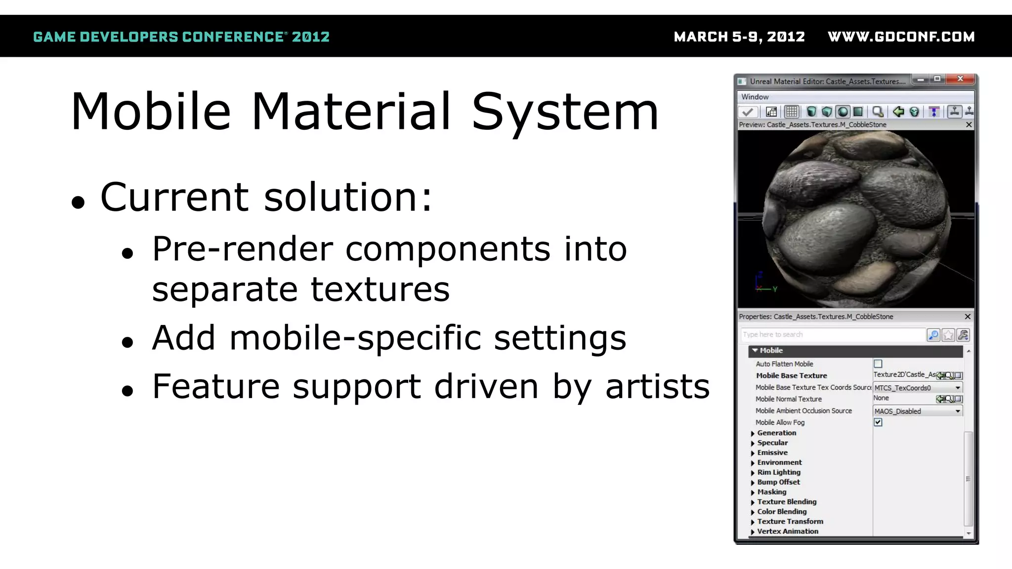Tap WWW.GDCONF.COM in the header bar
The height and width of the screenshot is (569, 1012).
(x=901, y=37)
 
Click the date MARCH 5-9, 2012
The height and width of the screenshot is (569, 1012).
(x=739, y=37)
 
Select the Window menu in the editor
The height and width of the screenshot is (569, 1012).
(x=755, y=97)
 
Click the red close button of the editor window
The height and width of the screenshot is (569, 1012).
(x=960, y=79)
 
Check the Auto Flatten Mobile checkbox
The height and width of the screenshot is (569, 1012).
(x=878, y=364)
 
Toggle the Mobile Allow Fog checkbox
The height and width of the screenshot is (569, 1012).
(x=878, y=422)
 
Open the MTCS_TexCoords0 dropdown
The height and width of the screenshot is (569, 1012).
(x=957, y=388)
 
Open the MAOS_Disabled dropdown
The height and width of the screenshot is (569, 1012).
(x=957, y=411)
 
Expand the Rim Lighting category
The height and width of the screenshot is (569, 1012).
(x=753, y=473)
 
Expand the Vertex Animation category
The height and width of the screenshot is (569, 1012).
(x=753, y=532)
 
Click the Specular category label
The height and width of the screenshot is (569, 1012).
(x=772, y=443)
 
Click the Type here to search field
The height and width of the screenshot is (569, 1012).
(x=832, y=335)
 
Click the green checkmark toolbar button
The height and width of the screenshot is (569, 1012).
(x=748, y=112)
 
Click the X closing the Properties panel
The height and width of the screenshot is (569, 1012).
(x=968, y=317)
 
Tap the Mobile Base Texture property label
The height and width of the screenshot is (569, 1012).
(x=791, y=376)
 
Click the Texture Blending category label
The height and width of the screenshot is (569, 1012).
(x=787, y=502)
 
